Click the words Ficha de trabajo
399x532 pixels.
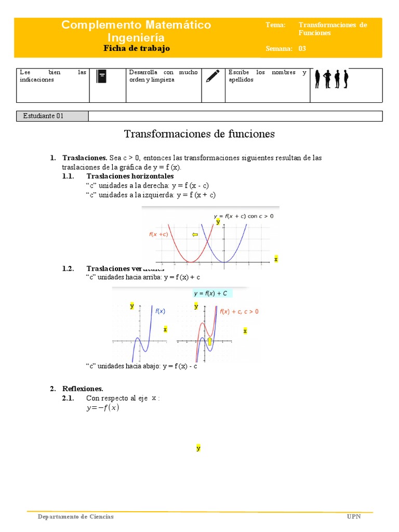[x=137, y=48]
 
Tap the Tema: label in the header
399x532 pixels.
[x=275, y=25]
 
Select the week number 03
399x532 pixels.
[x=302, y=48]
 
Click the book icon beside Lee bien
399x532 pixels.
[x=102, y=76]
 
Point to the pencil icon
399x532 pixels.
[x=212, y=76]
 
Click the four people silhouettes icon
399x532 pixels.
[x=331, y=78]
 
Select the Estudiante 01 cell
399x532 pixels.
[x=44, y=116]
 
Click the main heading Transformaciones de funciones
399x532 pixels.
[x=199, y=134]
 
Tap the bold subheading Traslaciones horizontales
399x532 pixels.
[x=130, y=176]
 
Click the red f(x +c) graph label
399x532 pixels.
[x=159, y=234]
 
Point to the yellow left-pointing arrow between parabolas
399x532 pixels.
[x=195, y=235]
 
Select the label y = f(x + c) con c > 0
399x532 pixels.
[x=243, y=216]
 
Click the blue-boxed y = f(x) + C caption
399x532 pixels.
[x=210, y=293]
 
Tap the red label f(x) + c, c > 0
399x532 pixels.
[x=239, y=312]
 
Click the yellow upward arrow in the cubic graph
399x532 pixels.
[x=210, y=341]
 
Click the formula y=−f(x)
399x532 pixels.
[x=102, y=408]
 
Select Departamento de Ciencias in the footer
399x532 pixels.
[x=75, y=516]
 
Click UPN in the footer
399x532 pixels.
[x=353, y=516]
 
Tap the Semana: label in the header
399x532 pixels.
[x=279, y=48]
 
